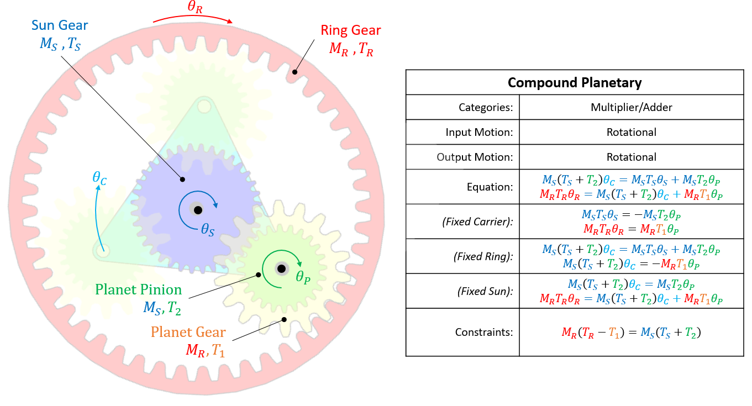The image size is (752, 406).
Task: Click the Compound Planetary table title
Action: coord(575,83)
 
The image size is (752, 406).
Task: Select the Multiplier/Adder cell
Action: coord(631,108)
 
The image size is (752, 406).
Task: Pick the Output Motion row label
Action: coord(475,157)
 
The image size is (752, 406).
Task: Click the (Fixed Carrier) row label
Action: coord(477,222)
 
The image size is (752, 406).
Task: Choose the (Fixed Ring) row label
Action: coord(483,256)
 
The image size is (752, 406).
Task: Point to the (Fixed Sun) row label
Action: coord(485,291)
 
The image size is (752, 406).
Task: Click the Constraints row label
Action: coord(484,333)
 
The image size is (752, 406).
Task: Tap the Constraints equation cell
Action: coord(631,333)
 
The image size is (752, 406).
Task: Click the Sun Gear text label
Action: coord(60,25)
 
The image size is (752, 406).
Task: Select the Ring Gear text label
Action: coord(351,30)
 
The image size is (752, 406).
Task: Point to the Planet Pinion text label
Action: coord(138,289)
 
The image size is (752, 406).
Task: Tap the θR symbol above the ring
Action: coord(194,7)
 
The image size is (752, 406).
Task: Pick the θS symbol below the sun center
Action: coord(207,229)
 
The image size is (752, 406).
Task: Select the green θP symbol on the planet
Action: coord(303,276)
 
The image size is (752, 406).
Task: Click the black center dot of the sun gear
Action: coord(197,210)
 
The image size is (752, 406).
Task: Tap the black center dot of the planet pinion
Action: coord(281,268)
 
